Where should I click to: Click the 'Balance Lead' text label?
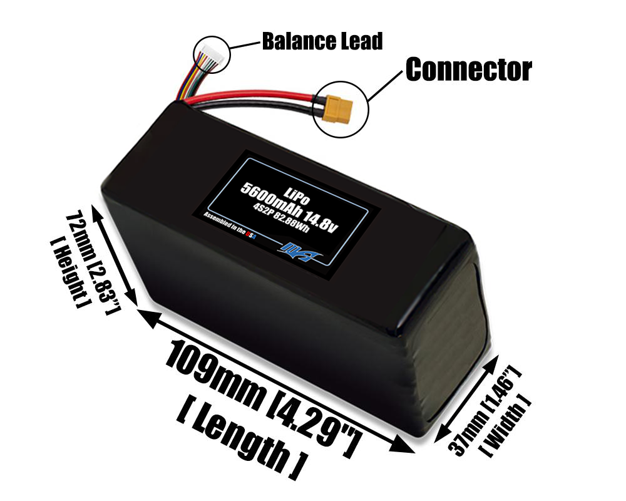(322, 42)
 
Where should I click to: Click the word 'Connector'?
(469, 70)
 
